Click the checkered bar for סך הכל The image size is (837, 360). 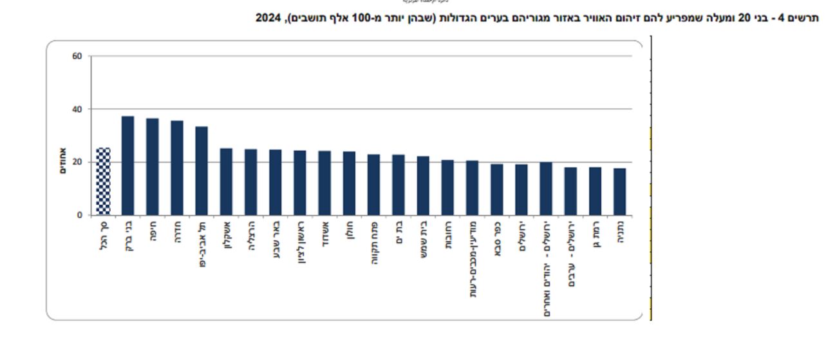point(103,182)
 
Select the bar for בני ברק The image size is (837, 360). point(127,166)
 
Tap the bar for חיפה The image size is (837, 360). point(152,167)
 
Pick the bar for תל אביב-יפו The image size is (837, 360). point(202,171)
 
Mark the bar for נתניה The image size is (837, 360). point(619,191)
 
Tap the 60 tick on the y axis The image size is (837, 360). point(77,56)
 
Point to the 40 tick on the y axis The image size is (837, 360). point(77,109)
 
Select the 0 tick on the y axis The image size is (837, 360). point(80,215)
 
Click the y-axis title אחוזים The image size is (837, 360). point(64,162)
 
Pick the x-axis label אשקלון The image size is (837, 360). point(226,238)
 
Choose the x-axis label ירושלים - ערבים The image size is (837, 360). point(570,254)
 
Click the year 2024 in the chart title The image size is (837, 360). point(269,18)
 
